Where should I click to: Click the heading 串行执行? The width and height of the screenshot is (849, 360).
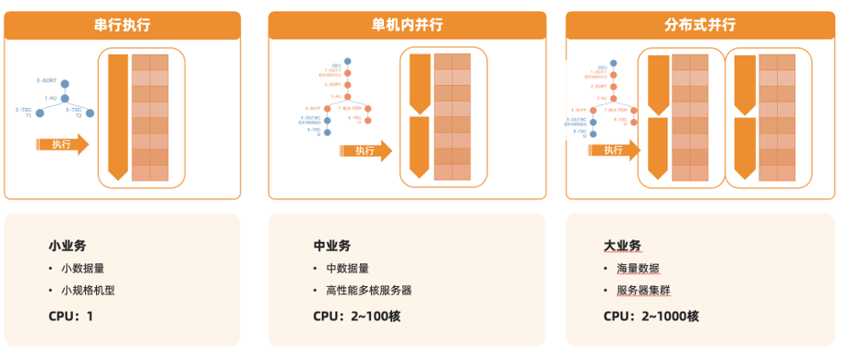click(123, 26)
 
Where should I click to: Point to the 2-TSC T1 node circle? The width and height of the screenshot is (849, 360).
click(38, 113)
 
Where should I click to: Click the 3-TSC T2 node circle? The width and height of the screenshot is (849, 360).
click(90, 113)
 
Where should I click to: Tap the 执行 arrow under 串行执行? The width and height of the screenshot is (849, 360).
click(63, 144)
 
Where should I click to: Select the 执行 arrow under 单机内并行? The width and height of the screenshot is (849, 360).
click(365, 150)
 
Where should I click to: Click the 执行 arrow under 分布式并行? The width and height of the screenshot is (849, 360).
click(612, 150)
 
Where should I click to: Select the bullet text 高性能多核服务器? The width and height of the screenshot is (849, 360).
click(369, 290)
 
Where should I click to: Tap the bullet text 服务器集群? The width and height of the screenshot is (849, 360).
click(643, 290)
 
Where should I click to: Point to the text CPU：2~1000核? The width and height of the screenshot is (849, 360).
click(651, 316)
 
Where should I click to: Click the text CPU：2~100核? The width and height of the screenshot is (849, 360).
click(356, 316)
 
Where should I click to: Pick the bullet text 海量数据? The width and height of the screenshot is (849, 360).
click(638, 268)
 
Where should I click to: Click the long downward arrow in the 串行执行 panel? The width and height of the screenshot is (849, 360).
click(117, 116)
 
